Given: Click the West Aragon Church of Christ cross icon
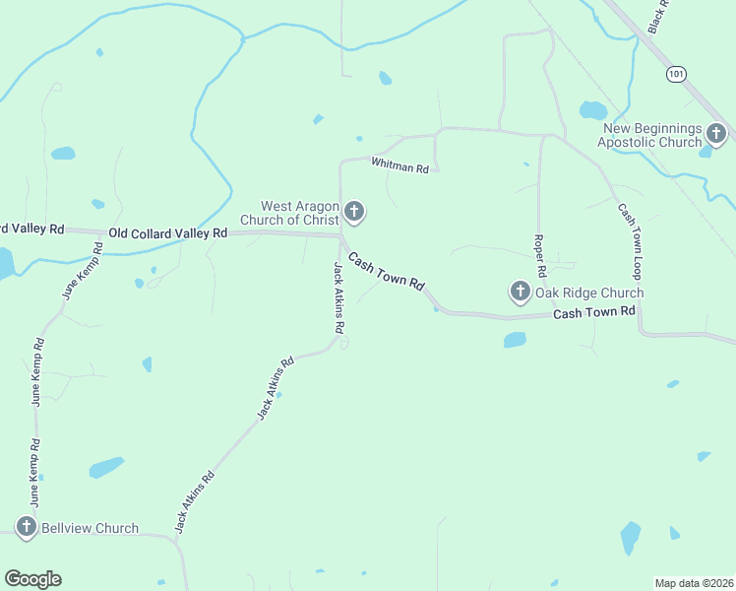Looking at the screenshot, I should (354, 211).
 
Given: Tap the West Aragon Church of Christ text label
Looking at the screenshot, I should (299, 213).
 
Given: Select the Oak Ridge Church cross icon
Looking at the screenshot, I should (520, 292).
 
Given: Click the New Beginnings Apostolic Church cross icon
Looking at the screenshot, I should (715, 133).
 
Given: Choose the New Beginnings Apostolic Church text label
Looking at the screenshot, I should (651, 135).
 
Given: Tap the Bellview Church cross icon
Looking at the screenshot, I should (26, 527).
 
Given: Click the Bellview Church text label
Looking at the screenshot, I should (90, 528).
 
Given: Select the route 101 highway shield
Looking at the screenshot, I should (674, 74).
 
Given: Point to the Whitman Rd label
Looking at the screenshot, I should (399, 165).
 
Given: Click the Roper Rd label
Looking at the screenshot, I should (539, 254).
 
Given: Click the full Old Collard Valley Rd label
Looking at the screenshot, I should (168, 233).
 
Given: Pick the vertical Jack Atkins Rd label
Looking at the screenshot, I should (337, 296).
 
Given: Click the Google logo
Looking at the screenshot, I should (32, 579).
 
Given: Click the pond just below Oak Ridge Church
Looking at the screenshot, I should (515, 340).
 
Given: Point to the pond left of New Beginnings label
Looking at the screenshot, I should (592, 110).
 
